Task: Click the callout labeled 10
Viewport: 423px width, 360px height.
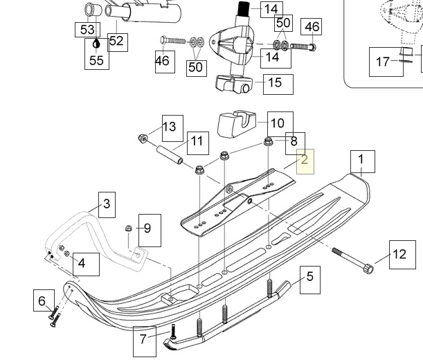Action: pyautogui.click(x=277, y=124)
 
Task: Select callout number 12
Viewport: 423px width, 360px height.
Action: pyautogui.click(x=399, y=254)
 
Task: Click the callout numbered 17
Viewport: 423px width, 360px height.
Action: pyautogui.click(x=383, y=62)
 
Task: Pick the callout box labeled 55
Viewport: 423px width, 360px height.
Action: pyautogui.click(x=96, y=60)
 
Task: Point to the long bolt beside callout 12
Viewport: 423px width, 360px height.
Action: pyautogui.click(x=354, y=260)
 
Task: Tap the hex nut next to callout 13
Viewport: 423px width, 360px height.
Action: pyautogui.click(x=142, y=136)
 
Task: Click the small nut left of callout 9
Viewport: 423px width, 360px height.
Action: pyautogui.click(x=128, y=228)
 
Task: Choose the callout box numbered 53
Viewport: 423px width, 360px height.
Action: pyautogui.click(x=87, y=30)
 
